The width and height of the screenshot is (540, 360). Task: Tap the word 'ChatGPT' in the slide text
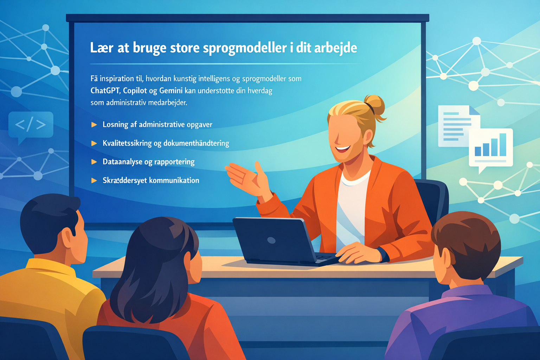[105, 91]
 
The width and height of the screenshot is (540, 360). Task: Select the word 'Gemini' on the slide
[171, 91]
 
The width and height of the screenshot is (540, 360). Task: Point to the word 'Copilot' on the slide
[135, 91]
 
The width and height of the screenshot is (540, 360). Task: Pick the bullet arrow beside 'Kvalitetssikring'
[94, 143]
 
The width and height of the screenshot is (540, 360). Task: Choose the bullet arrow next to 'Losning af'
[94, 124]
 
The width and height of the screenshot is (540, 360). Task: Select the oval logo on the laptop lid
[271, 240]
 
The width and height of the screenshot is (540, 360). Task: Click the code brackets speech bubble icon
[31, 125]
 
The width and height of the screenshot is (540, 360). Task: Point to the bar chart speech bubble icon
[490, 148]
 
